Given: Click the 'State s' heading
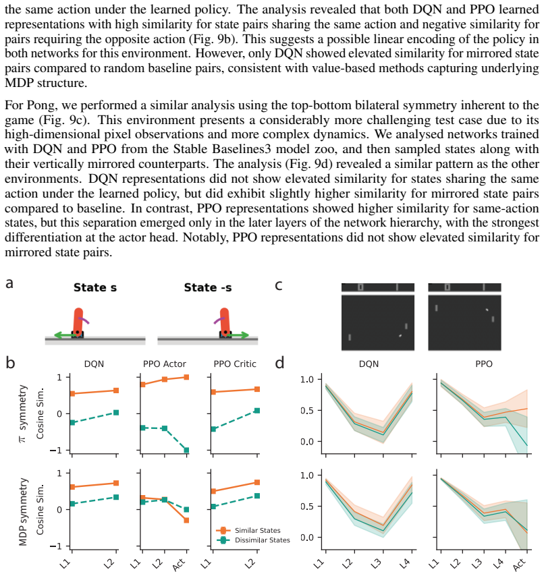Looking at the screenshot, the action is [x=95, y=287].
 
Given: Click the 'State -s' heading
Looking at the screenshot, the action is [x=208, y=287].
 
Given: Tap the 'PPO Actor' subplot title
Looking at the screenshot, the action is [x=164, y=364].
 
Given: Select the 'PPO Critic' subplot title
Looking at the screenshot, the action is [x=235, y=364].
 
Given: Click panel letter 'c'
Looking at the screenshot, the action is [x=278, y=285].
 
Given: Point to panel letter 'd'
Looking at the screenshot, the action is [x=279, y=363].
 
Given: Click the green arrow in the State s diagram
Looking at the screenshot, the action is [x=64, y=335].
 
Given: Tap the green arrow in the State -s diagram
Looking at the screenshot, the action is [x=238, y=335].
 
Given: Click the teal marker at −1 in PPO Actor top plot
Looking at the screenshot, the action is [x=186, y=450].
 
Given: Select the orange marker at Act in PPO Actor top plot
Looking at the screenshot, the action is [x=186, y=377].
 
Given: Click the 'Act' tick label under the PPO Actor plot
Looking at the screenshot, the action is [x=179, y=565].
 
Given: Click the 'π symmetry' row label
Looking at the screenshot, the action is [x=22, y=413].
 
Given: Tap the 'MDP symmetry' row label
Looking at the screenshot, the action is [x=23, y=512].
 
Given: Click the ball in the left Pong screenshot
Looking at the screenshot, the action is [x=400, y=335].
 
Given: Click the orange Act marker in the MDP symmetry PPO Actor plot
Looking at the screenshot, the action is [x=186, y=520].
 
